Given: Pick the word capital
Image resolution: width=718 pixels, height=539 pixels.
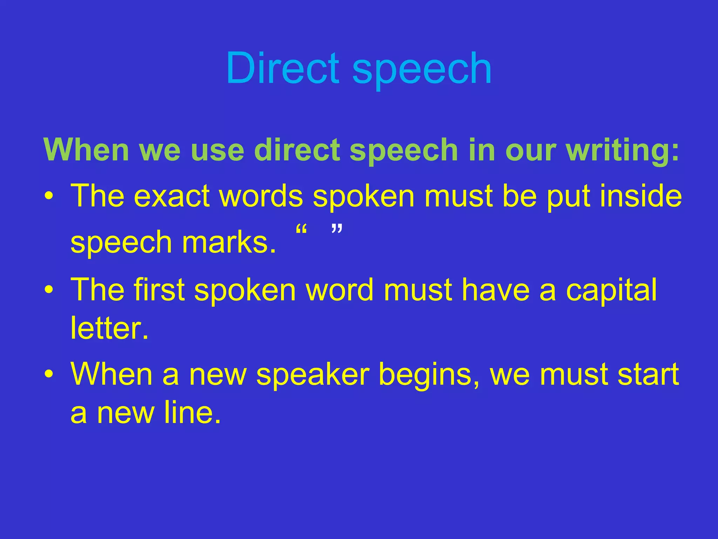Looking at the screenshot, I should (x=611, y=290).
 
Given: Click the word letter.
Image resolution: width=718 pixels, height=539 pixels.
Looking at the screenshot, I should (x=109, y=328).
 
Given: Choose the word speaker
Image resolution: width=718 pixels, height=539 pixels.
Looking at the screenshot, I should (x=313, y=374).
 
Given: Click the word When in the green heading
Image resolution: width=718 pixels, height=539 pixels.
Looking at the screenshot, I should (x=86, y=150).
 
